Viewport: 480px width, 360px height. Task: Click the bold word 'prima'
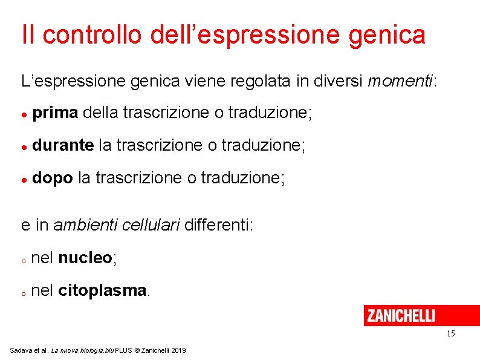[55, 113]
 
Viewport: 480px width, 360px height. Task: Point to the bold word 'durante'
[63, 145]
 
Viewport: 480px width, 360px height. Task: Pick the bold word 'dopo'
[53, 178]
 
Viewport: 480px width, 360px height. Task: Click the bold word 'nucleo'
[85, 258]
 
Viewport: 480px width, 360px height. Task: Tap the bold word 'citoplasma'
[102, 291]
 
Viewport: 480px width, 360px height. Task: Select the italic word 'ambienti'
[85, 226]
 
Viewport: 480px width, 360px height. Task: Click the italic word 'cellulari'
[151, 226]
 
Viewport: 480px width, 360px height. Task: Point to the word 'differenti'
[217, 226]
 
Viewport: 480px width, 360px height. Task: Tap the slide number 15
[450, 334]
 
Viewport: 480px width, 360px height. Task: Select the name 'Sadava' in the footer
[20, 351]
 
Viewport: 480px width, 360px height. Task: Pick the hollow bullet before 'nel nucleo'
[22, 261]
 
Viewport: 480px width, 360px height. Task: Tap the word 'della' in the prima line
[100, 113]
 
